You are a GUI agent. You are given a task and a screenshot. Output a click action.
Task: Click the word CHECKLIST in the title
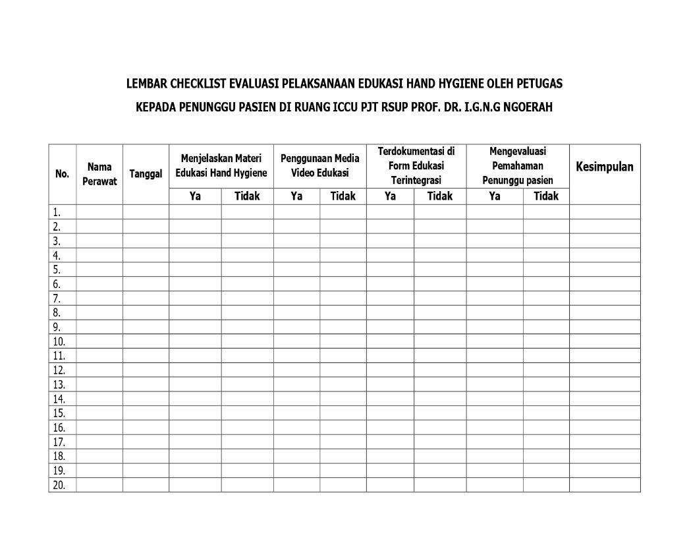[198, 84]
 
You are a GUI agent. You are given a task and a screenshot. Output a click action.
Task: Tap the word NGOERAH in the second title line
[527, 107]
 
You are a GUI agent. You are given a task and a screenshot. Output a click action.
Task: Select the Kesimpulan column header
[605, 167]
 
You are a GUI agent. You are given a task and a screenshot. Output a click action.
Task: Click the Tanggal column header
[146, 174]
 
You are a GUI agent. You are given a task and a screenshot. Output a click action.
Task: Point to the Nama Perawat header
[99, 174]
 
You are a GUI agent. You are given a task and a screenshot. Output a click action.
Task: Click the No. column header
[62, 174]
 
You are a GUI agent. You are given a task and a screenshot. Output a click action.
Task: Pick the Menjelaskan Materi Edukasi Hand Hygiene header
[221, 166]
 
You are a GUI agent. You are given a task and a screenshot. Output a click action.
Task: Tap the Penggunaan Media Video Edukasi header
[319, 166]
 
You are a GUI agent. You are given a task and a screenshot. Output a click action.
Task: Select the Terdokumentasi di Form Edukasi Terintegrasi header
[416, 165]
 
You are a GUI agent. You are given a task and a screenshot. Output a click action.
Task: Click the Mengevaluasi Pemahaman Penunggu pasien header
[517, 165]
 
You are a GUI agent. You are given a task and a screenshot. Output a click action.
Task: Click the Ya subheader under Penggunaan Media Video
[296, 196]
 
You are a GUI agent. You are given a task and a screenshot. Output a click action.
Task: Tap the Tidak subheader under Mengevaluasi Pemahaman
[545, 196]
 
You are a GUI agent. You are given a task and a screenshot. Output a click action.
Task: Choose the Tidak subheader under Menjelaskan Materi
[247, 196]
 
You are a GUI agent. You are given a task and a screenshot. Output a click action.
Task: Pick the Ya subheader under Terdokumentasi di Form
[390, 196]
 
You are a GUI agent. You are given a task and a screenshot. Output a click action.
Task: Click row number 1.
[57, 212]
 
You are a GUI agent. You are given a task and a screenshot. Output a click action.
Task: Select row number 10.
[59, 341]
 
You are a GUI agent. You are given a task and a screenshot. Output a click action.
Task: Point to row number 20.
[59, 485]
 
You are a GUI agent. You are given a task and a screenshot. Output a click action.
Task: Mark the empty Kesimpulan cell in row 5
[605, 270]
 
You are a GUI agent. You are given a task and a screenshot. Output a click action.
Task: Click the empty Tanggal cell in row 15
[146, 413]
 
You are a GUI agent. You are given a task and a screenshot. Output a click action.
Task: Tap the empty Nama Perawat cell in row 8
[99, 312]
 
